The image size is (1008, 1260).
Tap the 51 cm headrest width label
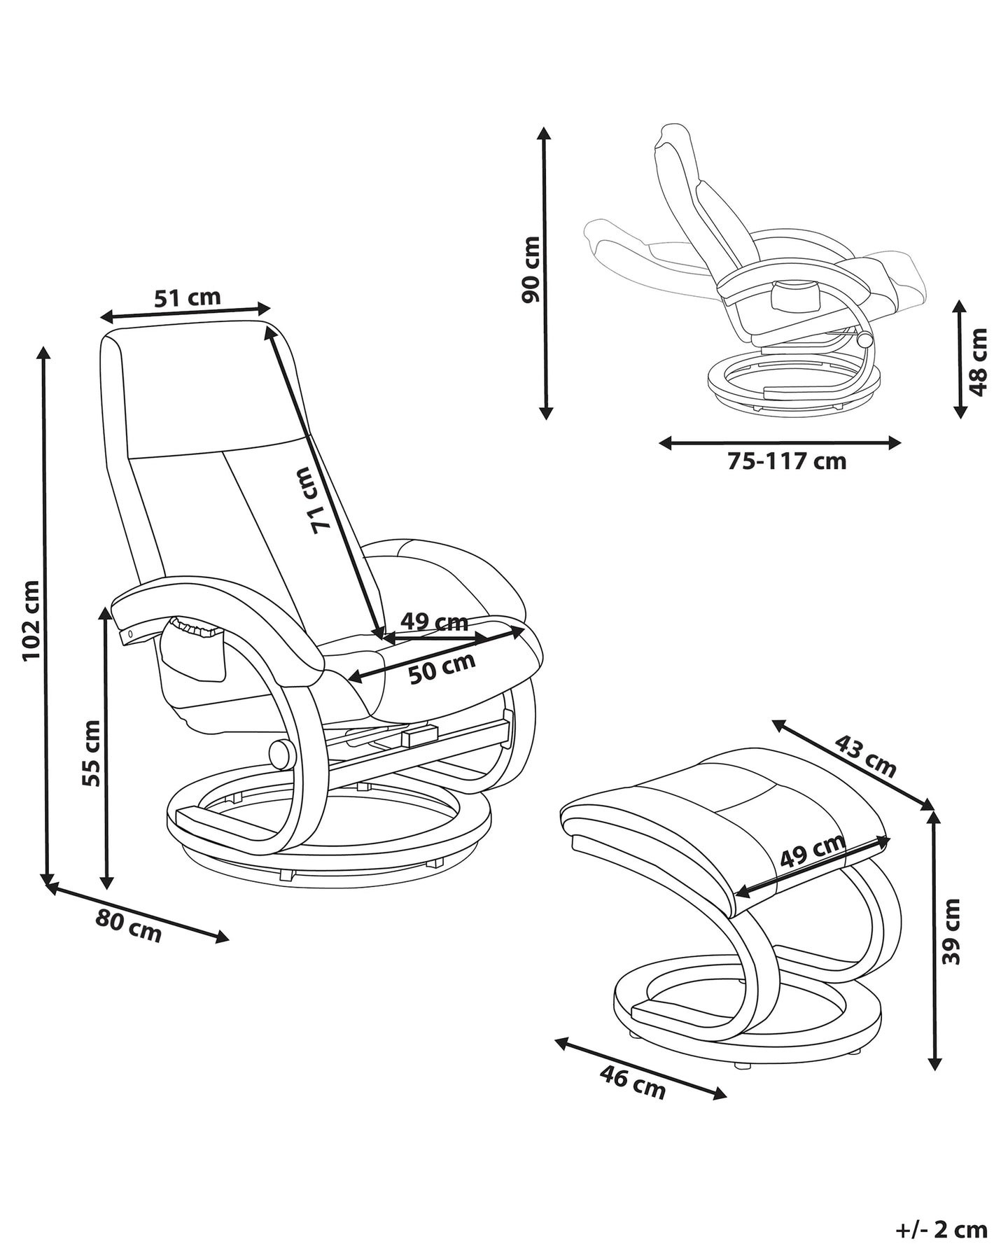click(187, 297)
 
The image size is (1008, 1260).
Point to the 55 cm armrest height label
click(91, 752)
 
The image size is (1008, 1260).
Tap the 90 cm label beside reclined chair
click(531, 269)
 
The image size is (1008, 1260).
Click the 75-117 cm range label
click(787, 462)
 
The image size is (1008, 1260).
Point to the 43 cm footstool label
click(866, 756)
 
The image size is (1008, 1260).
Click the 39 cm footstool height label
click(951, 931)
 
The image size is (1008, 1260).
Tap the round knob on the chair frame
click(281, 754)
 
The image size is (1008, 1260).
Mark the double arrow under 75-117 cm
click(780, 442)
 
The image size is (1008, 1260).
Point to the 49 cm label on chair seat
click(434, 622)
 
